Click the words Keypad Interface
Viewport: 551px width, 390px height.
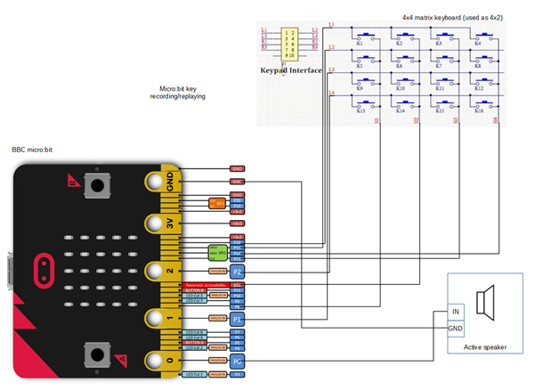click(291, 69)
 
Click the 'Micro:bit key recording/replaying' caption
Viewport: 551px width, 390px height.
click(182, 93)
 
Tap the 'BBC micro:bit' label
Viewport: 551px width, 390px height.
click(33, 151)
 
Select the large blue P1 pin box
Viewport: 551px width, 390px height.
click(237, 317)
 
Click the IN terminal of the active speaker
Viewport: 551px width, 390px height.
click(456, 312)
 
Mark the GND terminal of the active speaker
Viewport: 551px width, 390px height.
click(456, 328)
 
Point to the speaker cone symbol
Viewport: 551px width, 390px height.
click(486, 303)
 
